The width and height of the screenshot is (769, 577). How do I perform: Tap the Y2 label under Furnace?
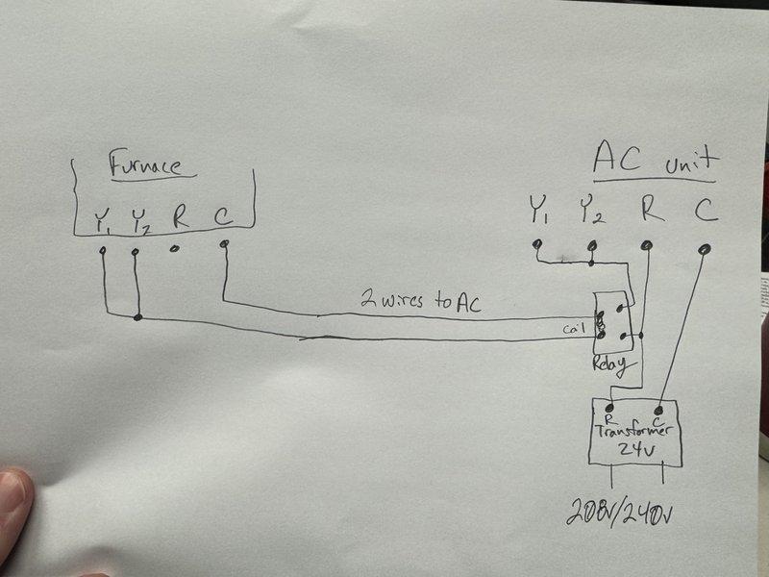tap(140, 221)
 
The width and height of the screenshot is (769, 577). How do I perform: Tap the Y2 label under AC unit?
tap(591, 209)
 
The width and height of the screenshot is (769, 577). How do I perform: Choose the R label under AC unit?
tap(651, 208)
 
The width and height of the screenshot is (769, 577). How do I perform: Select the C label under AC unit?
tap(706, 208)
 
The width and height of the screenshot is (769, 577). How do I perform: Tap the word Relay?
tap(609, 364)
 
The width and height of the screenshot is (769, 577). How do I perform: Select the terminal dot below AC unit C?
tap(705, 249)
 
